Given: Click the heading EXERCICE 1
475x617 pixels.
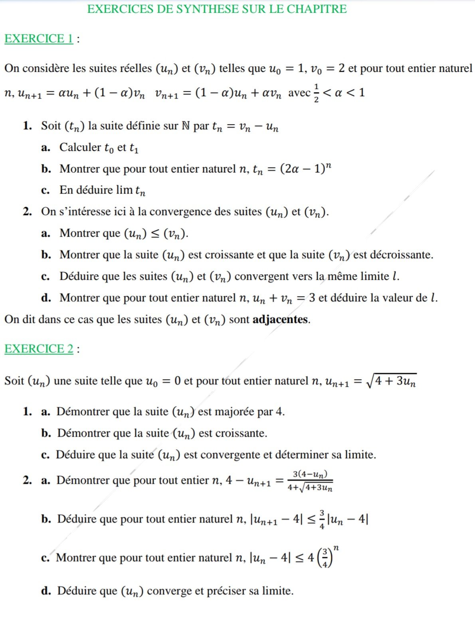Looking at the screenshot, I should [x=39, y=39].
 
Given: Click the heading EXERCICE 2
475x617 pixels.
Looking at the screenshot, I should [x=39, y=349].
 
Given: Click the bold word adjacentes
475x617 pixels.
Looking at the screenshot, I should [x=280, y=320].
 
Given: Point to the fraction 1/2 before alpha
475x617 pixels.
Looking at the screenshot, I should [x=316, y=93].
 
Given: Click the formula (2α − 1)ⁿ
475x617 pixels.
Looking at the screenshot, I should [x=306, y=169].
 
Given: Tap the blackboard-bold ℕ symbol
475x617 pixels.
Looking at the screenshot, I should [x=186, y=126].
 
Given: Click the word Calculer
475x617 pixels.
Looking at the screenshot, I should [x=80, y=147].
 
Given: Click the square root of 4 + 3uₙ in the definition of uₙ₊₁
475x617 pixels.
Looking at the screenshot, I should [x=392, y=381].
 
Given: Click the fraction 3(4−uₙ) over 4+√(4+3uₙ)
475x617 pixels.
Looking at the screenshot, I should [x=310, y=481].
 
